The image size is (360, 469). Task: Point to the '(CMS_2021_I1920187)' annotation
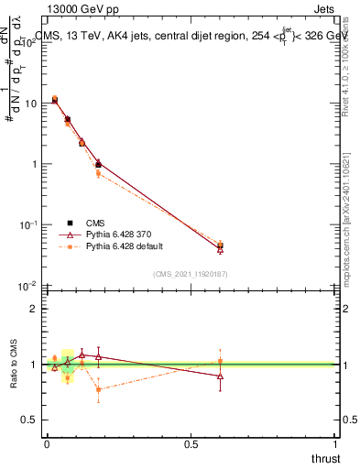(x=191, y=274)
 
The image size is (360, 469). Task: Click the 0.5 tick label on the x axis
(x=191, y=443)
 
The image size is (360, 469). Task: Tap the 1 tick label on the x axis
(x=336, y=443)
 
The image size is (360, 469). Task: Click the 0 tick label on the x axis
(x=47, y=443)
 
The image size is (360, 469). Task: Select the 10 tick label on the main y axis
(x=32, y=104)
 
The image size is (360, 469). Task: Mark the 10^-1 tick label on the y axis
(x=30, y=225)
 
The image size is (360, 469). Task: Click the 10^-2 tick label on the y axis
(x=30, y=286)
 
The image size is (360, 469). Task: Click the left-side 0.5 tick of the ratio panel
(x=32, y=420)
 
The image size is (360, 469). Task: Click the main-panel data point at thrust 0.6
(x=220, y=245)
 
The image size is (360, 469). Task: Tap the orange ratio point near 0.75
(x=98, y=389)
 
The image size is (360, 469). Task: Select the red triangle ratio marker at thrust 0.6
(x=220, y=376)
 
